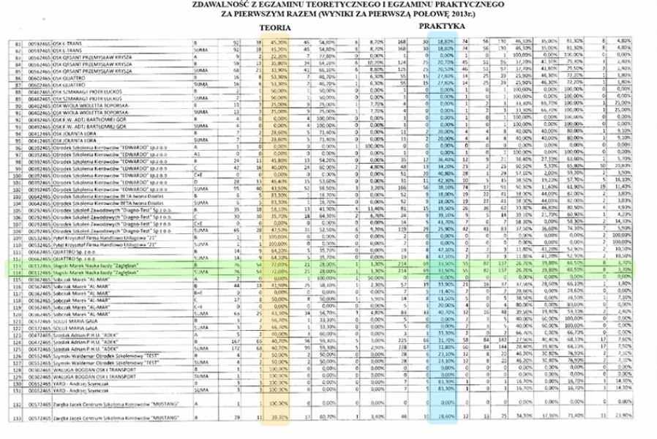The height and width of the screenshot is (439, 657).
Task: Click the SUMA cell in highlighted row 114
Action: point(200,271)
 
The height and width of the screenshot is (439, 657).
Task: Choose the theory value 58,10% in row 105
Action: point(277,209)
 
